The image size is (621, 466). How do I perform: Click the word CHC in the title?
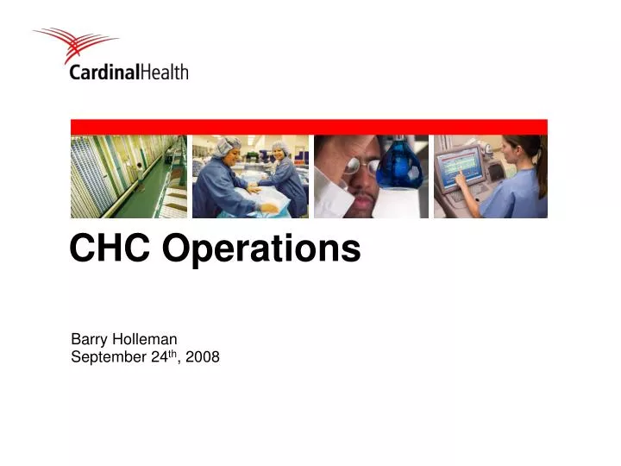pyautogui.click(x=110, y=249)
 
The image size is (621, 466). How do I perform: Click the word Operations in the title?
pyautogui.click(x=262, y=250)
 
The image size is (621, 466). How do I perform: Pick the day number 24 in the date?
pyautogui.click(x=155, y=357)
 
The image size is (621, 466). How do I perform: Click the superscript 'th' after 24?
pyautogui.click(x=170, y=354)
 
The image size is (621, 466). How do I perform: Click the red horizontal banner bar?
pyautogui.click(x=309, y=127)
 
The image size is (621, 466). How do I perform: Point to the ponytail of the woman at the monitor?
pyautogui.click(x=541, y=168)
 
